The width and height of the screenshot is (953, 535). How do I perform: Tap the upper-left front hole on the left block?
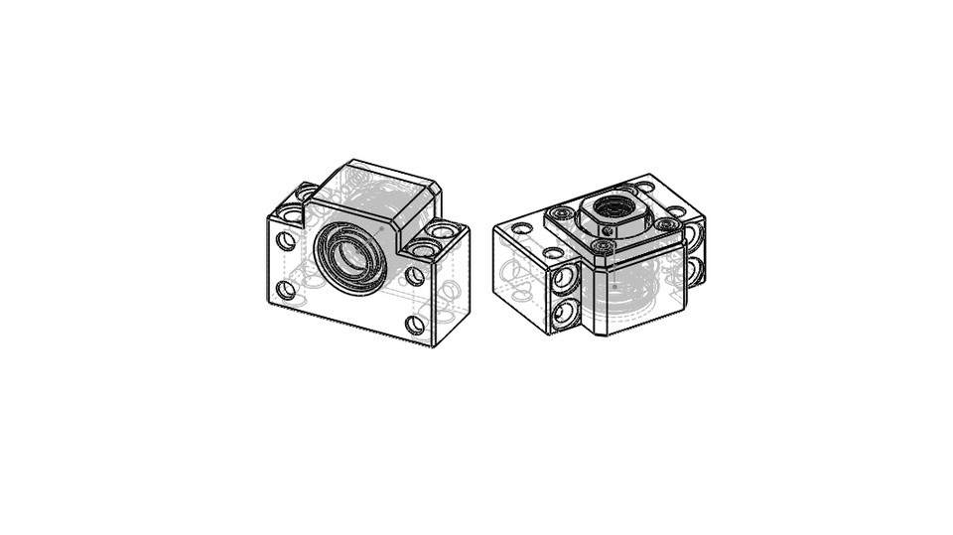coord(286,240)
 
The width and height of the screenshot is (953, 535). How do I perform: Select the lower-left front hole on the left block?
coord(286,290)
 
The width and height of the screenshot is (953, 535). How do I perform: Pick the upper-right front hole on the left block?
coord(416,276)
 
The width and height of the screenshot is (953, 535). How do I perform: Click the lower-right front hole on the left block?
coord(416,325)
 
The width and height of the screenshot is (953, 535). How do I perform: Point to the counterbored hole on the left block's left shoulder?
coord(292,213)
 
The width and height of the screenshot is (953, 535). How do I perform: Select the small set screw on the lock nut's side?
coord(608,230)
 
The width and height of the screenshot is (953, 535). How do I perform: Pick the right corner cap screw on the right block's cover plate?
coord(663,225)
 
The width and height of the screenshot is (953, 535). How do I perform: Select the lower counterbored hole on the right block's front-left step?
coord(564,314)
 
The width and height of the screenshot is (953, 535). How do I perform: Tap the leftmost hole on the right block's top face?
coord(522,228)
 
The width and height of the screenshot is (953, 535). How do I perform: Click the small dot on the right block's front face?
coord(614,288)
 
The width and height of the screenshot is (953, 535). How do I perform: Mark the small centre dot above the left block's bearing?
coord(379,228)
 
